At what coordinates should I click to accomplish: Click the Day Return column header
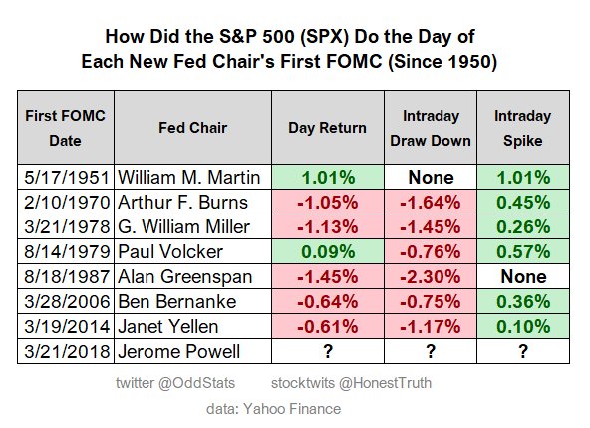click(x=326, y=128)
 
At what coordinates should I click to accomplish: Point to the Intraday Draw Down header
click(x=429, y=128)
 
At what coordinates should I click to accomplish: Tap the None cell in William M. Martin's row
click(x=429, y=177)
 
